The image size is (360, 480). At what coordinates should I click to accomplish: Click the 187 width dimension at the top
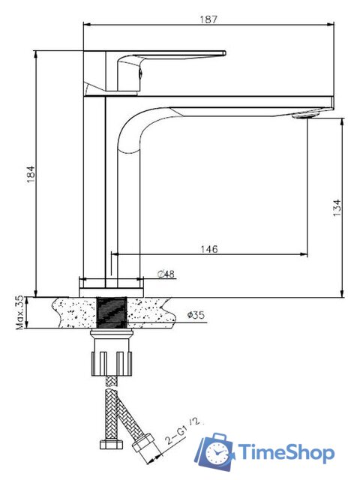(x=208, y=19)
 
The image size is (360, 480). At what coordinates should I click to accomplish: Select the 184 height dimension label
(x=31, y=174)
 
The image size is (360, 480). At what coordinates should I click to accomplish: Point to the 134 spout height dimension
(x=337, y=208)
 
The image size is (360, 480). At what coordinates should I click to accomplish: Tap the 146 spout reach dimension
(x=209, y=249)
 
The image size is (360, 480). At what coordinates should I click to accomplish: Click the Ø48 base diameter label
(x=166, y=274)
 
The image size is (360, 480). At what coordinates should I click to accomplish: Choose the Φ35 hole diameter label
(x=196, y=315)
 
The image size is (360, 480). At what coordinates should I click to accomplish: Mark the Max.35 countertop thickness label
(x=19, y=312)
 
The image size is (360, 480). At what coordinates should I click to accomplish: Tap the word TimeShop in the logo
(x=286, y=452)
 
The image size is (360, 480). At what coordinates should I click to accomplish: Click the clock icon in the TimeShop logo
(x=217, y=453)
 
